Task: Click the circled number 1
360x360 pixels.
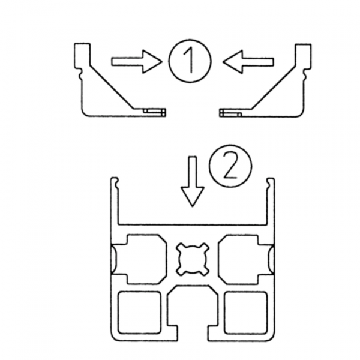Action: point(190,61)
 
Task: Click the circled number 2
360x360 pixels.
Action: point(230,166)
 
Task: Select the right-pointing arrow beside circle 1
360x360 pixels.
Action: point(137,62)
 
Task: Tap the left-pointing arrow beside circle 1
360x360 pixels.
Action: point(248,62)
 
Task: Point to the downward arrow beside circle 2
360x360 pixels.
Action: point(193,181)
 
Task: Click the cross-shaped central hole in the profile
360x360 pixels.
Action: point(193,259)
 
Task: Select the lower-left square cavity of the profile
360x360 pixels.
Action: point(139,313)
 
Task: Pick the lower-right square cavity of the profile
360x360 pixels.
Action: point(246,313)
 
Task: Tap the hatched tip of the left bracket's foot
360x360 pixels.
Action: point(162,113)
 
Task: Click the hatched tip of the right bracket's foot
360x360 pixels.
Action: point(223,113)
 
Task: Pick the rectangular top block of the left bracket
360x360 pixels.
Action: point(82,55)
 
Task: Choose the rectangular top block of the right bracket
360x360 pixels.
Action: point(303,56)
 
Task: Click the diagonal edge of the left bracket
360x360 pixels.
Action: point(112,87)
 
